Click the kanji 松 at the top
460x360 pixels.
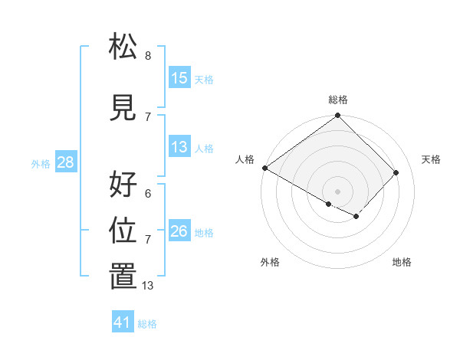click(x=123, y=48)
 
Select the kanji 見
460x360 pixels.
click(x=123, y=109)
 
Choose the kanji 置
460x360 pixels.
click(x=123, y=277)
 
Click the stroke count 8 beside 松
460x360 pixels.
click(x=148, y=56)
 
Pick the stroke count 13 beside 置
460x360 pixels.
click(x=148, y=285)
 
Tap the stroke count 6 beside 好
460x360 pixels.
click(x=148, y=194)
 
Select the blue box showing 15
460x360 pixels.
click(x=179, y=78)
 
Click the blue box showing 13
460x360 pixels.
click(x=179, y=147)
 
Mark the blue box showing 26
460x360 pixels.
click(x=179, y=231)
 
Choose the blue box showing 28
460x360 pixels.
click(x=65, y=162)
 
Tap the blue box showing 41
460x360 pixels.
click(x=123, y=322)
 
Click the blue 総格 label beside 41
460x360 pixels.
click(x=147, y=324)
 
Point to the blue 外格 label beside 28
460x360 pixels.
click(x=41, y=163)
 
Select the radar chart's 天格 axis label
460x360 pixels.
click(x=432, y=159)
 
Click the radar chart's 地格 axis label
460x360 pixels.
click(x=402, y=262)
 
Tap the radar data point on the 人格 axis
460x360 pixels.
click(x=264, y=168)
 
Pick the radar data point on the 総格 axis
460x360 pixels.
click(x=337, y=116)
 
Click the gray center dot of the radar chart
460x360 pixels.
click(x=337, y=191)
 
